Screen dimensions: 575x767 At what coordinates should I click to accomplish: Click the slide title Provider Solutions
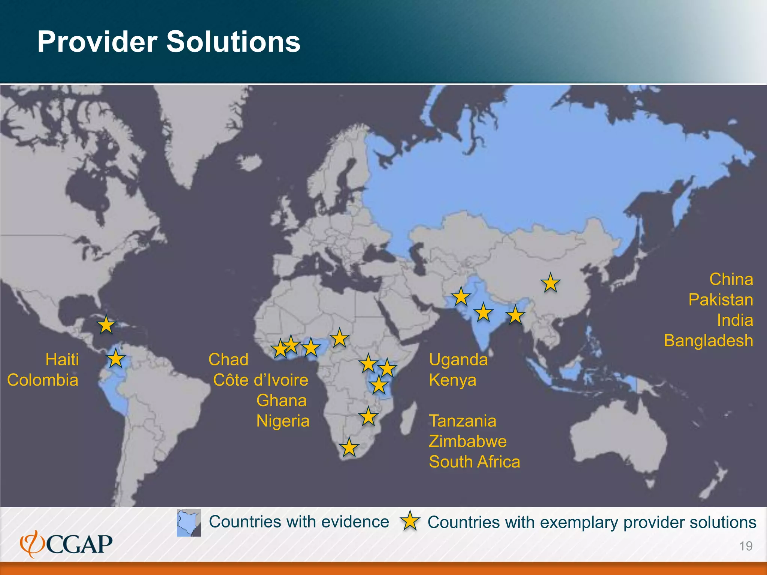(169, 42)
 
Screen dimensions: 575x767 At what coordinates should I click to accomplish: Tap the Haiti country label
(62, 360)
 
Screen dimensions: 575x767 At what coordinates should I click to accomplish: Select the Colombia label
(43, 380)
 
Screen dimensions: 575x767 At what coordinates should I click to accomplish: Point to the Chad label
(228, 360)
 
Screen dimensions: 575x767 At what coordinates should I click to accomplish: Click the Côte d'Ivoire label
(261, 380)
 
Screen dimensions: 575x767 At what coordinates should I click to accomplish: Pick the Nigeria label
(283, 421)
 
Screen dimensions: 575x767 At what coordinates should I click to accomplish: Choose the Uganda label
(458, 360)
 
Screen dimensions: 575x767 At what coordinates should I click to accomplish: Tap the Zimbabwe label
(468, 441)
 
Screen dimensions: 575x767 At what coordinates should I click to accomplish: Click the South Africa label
(475, 462)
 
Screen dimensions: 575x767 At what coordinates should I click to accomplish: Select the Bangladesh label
(708, 341)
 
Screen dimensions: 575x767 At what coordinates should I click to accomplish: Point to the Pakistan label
(721, 300)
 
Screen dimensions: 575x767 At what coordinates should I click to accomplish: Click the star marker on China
(550, 283)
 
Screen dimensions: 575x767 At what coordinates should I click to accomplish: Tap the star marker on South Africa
(349, 447)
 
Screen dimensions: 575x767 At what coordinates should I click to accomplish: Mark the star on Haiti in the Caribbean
(106, 325)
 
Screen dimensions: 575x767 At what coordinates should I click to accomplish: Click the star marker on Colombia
(116, 359)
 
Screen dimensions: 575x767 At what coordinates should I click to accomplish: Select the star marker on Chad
(340, 338)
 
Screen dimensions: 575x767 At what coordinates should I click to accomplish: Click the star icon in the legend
(410, 521)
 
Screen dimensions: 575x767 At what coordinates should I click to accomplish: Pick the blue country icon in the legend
(189, 522)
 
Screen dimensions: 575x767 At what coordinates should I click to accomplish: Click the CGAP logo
(66, 544)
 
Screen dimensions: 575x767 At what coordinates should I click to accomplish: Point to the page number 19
(746, 546)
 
